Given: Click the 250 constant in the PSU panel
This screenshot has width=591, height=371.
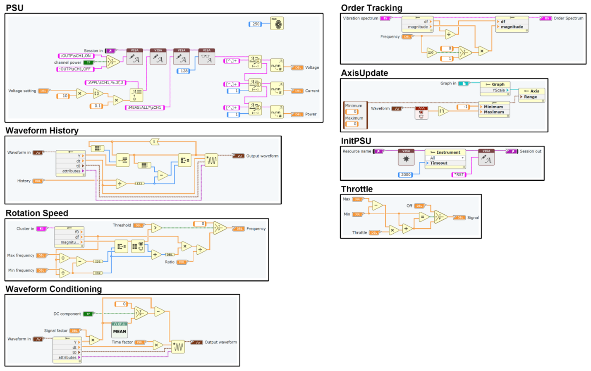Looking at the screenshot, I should coord(255,24).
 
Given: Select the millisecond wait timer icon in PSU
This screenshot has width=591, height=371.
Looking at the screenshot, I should coord(277,24).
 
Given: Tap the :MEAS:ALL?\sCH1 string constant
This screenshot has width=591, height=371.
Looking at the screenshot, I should coord(145,108).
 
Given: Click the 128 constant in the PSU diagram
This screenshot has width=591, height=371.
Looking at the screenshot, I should coord(183,71).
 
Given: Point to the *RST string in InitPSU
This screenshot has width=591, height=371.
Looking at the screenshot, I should coord(459,175).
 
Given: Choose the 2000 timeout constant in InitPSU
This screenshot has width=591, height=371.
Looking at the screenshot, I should coord(405,175).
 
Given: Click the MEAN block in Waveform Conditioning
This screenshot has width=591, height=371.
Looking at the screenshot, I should coord(120,329).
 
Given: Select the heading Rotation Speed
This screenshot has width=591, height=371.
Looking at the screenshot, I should coord(37,213).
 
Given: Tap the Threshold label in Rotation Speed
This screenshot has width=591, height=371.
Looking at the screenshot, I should coord(122,225).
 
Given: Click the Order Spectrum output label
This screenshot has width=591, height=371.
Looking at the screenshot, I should coord(568,18).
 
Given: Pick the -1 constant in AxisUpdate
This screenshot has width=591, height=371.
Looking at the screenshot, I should coord(464,107).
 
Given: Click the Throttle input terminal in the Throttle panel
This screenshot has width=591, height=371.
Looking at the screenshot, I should coord(374,232).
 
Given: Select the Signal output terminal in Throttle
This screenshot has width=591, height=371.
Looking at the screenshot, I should coord(459,218).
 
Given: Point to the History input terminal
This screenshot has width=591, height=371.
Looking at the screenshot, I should coord(38,181).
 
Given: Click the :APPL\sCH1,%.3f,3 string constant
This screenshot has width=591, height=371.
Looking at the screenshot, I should coord(105,82).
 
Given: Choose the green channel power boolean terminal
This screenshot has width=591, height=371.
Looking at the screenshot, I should coord(89,62).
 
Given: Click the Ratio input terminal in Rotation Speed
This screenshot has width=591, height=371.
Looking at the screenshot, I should coord(182,262).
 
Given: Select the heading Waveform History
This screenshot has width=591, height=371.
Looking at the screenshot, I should coord(42,131).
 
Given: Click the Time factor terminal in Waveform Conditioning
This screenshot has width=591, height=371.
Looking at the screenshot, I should coord(141,342).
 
